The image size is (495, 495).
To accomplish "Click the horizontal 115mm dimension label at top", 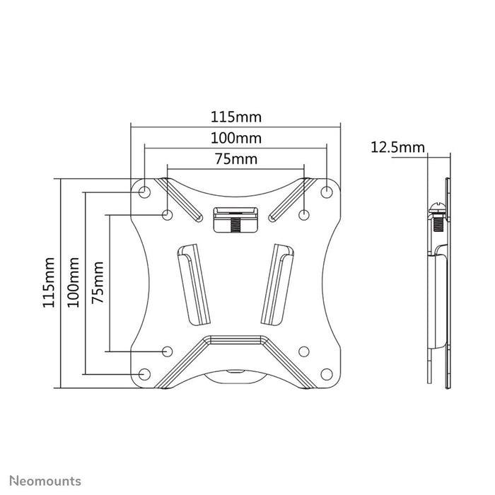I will [x=235, y=115].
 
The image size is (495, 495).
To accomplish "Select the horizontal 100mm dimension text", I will [x=235, y=137].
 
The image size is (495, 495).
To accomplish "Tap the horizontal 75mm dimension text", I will [x=235, y=159].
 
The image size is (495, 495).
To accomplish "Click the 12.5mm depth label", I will [x=397, y=147].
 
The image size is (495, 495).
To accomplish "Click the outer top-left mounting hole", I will [x=144, y=192].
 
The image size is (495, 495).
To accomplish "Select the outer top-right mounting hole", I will [x=327, y=192].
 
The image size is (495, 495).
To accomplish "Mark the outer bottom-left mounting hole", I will [x=144, y=373].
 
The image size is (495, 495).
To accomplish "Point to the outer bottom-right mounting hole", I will [x=327, y=373].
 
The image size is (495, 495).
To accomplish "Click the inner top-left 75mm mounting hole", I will [x=167, y=214].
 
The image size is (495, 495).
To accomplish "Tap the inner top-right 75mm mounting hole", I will [x=304, y=214].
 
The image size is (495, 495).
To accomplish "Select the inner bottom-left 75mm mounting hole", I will [x=167, y=351].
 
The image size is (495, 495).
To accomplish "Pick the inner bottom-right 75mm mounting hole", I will [x=304, y=351].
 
